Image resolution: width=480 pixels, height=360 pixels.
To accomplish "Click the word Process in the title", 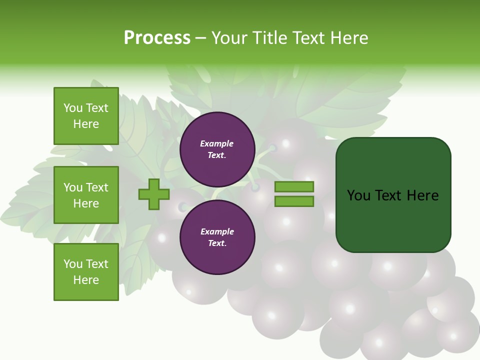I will click(157, 38).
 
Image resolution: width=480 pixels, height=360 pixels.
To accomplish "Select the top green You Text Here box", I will click(86, 116).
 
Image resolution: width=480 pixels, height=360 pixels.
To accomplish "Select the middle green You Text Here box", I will click(86, 195).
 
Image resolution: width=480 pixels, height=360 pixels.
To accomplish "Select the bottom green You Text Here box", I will click(86, 272).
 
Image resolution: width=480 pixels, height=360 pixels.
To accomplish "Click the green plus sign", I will click(154, 194).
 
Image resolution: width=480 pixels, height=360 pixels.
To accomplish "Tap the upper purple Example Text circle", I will click(217, 149).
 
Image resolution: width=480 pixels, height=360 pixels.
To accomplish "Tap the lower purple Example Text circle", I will click(217, 237).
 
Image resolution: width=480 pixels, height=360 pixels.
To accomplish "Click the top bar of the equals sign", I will click(294, 186).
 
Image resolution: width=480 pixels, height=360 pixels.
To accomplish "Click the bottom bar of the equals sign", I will click(294, 201).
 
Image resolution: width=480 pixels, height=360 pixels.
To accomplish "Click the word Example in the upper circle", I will click(217, 144).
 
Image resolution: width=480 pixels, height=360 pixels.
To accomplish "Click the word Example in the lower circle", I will click(217, 232).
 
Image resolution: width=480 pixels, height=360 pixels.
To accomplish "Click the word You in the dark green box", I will click(359, 195).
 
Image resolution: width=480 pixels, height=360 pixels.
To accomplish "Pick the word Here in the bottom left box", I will click(86, 280).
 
